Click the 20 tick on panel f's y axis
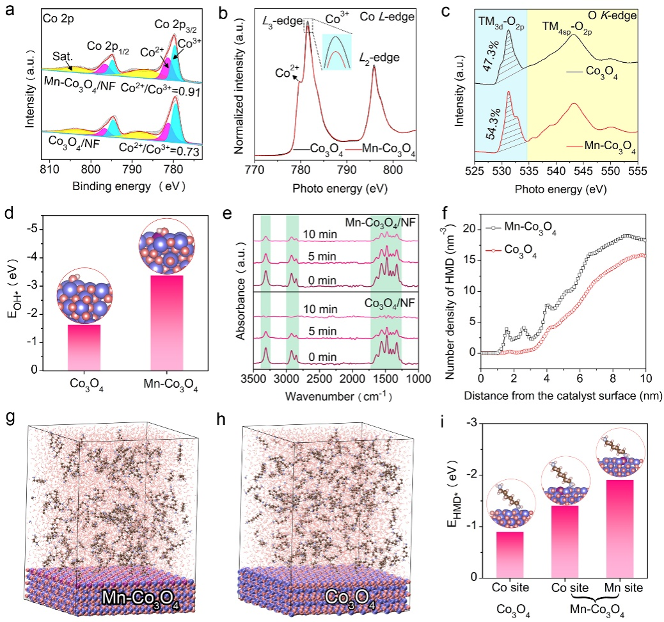pyautogui.click(x=469, y=229)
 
